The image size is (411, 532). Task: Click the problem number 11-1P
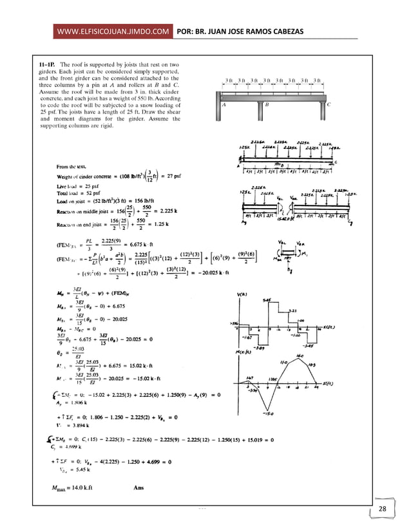[x=46, y=64]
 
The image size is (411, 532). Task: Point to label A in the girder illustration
[x=223, y=104]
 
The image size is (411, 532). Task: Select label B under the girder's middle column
[x=267, y=104]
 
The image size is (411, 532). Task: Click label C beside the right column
[x=329, y=104]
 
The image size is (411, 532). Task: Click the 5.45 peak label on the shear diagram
[x=267, y=299]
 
